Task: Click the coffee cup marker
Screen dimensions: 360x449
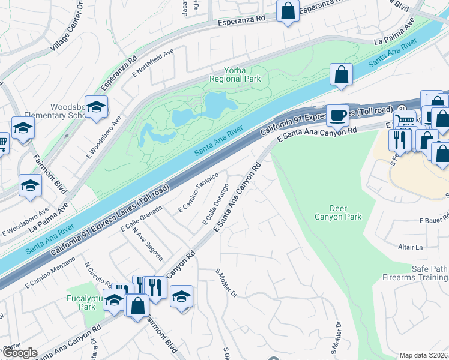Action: point(338,115)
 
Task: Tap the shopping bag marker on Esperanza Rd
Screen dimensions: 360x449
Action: point(288,10)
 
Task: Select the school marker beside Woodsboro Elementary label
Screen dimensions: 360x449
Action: point(96,107)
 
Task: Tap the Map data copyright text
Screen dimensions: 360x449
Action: point(424,355)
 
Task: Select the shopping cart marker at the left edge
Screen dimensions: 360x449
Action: point(2,144)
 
